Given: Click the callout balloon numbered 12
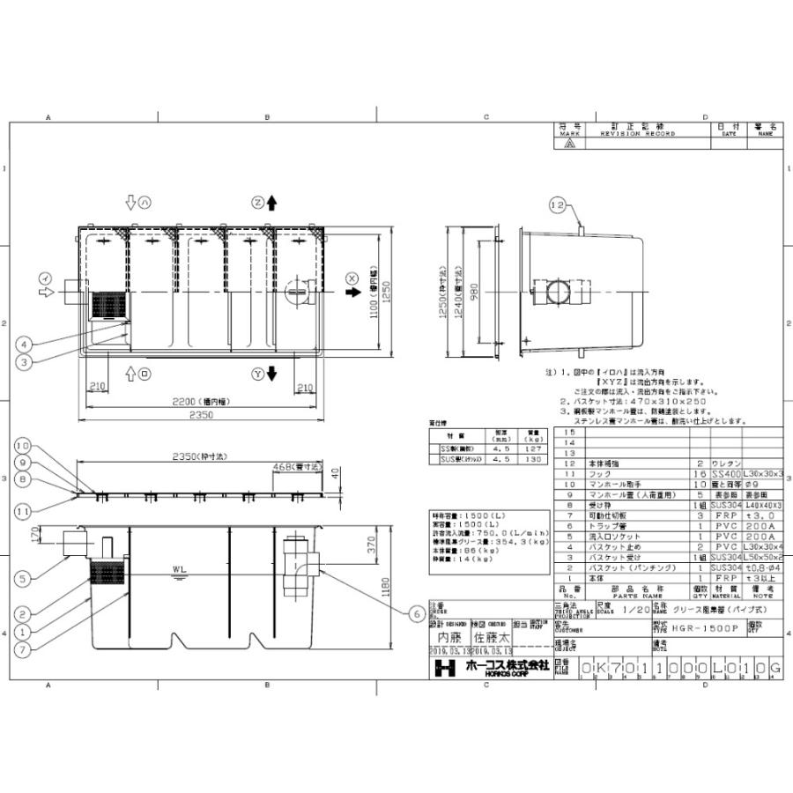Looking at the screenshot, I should [x=557, y=205].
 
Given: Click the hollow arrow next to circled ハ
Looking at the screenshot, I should [x=130, y=203].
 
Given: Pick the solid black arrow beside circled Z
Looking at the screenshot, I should [x=272, y=203].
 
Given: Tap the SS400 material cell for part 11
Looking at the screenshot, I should [x=727, y=474].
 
